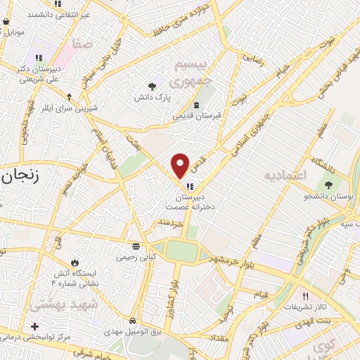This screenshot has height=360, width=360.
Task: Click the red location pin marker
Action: click(x=181, y=165)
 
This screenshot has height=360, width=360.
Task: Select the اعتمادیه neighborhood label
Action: click(x=284, y=174)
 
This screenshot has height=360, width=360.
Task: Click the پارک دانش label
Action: click(x=149, y=98)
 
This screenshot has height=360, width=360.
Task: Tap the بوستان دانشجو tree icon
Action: click(x=329, y=184)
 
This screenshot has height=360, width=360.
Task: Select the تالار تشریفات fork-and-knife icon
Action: click(x=305, y=296)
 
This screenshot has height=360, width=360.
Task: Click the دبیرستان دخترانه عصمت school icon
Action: click(x=191, y=186)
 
